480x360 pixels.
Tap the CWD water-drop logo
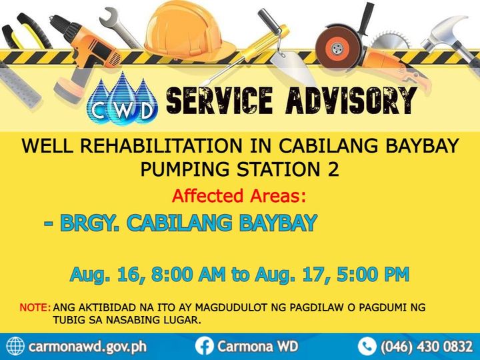point(123,99)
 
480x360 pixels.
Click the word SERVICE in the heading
point(219,101)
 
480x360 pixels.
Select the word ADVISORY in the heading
point(351,101)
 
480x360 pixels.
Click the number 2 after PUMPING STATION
point(333,169)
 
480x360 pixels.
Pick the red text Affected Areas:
point(239,195)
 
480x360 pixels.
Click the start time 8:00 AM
point(188,274)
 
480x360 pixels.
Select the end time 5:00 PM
point(373,274)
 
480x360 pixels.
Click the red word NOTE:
point(35,307)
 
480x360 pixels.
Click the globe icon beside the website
point(15,347)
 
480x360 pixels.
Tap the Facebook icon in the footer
point(204,347)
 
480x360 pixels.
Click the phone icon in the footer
point(367,347)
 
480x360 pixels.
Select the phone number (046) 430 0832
point(427,347)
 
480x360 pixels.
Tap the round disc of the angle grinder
point(337,47)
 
